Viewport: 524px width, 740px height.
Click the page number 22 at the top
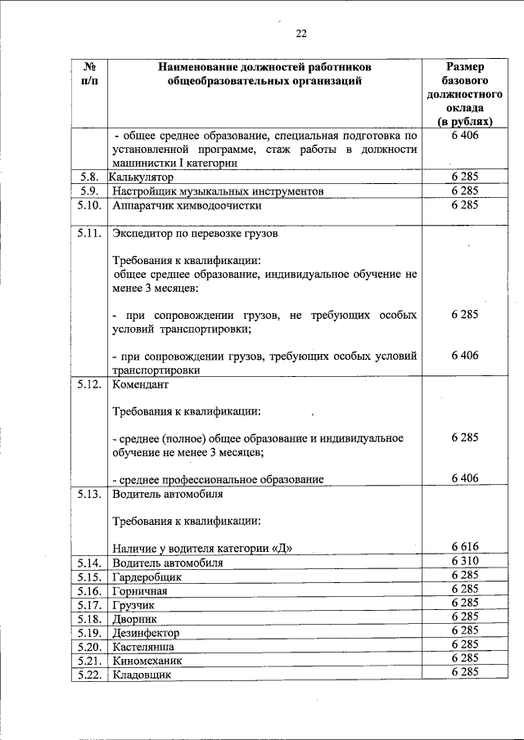301,34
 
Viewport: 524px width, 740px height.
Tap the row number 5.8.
89,177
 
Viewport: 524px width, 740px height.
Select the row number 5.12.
89,383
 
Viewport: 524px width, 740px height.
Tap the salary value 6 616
464,547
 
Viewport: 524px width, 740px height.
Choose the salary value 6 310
464,562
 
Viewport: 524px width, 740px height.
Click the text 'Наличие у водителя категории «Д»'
201,548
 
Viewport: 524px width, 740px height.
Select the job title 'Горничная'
139,591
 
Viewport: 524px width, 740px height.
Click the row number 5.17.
89,605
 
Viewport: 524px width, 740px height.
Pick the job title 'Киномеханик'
147,660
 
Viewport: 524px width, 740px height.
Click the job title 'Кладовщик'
142,675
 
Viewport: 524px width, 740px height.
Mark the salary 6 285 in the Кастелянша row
464,645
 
